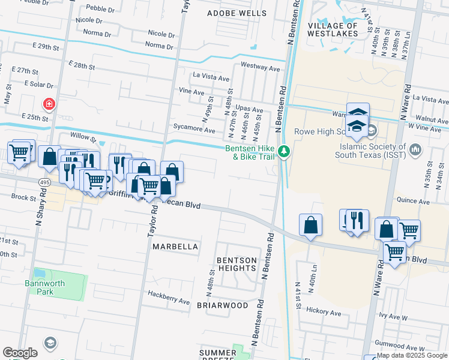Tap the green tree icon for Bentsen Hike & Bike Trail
(x=286, y=152)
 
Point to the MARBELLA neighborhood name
(x=175, y=247)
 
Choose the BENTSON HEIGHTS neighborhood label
(x=237, y=264)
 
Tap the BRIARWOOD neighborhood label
(x=222, y=305)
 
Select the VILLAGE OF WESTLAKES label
(x=333, y=30)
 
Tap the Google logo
(x=20, y=353)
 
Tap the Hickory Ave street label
(x=323, y=311)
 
